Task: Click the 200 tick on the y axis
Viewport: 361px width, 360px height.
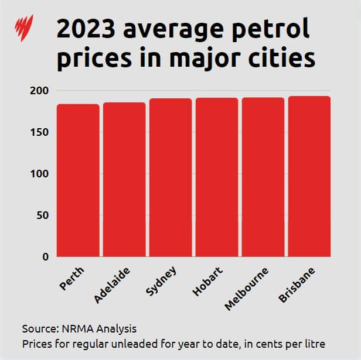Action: tap(40, 91)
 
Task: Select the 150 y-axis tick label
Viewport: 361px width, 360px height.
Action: tap(40, 133)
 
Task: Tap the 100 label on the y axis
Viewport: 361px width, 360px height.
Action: tap(40, 174)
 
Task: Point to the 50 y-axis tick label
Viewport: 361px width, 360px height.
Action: tap(43, 215)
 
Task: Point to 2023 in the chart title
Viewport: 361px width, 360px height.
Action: tap(83, 29)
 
